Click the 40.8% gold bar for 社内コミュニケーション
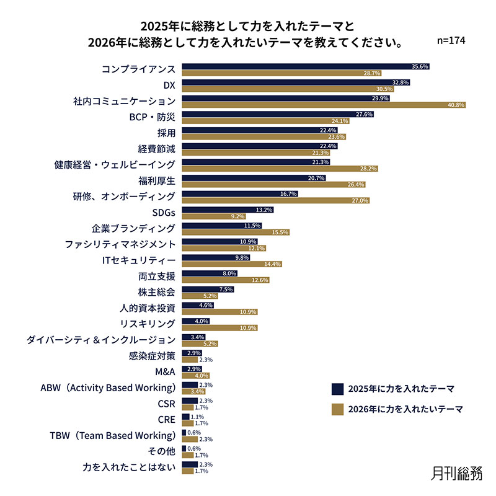coord(324,105)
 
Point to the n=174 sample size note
coord(451,40)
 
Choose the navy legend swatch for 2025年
coord(337,389)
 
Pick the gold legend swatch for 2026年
coord(337,409)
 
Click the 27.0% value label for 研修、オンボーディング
coord(360,201)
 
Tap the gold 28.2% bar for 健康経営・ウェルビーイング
coord(280,169)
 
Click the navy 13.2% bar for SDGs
coord(228,210)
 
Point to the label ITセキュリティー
coord(139,260)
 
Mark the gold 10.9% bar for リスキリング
coord(219,327)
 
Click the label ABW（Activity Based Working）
coord(108,388)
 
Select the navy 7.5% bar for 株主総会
coord(208,289)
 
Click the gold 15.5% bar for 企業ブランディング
coord(236,232)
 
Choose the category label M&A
coord(165,372)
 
